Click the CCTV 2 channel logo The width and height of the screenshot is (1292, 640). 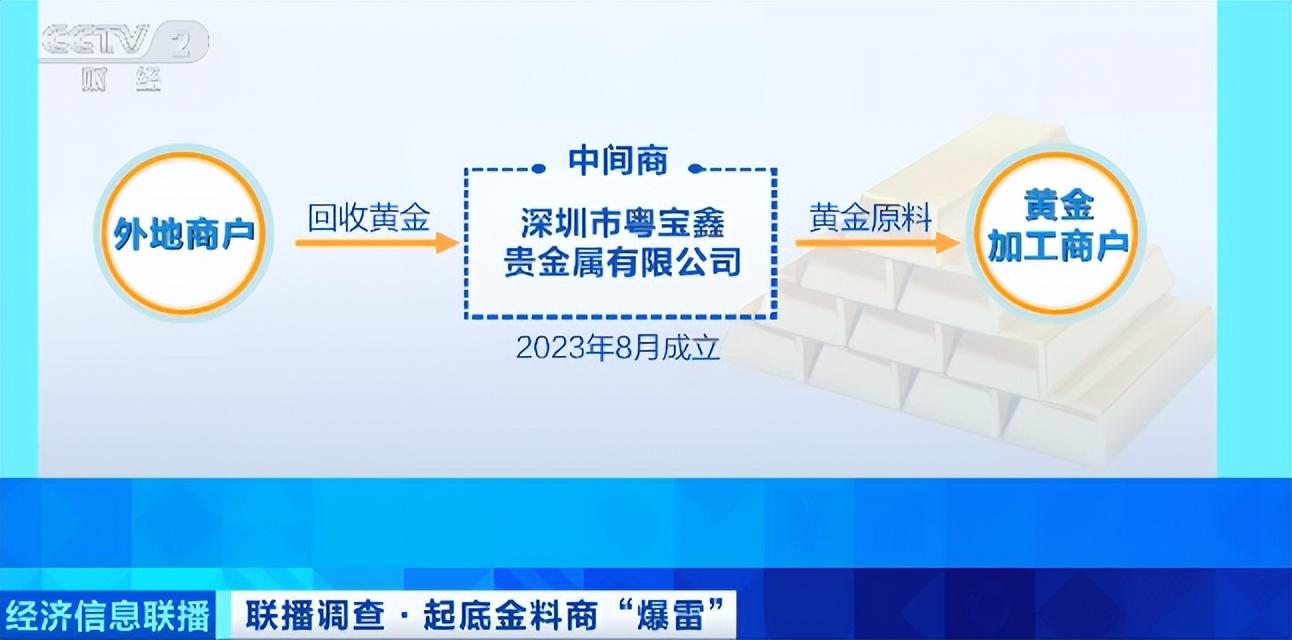pos(123,42)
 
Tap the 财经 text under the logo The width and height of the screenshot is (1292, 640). pos(121,79)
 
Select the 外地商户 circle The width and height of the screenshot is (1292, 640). pos(183,234)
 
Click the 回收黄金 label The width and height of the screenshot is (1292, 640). pos(369,218)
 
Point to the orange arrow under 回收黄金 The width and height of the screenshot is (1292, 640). pos(377,243)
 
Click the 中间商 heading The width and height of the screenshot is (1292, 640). pos(618,160)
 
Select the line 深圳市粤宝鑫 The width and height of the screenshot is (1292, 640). pos(622,223)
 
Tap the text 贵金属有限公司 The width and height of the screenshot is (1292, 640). pos(622,262)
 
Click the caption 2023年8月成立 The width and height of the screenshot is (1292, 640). pos(618,348)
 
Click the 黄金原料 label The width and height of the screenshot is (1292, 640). pos(870,218)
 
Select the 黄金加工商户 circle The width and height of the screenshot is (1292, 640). pos(1057,234)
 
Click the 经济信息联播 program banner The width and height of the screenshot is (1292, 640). pos(108,615)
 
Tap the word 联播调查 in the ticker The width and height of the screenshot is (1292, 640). pos(314,615)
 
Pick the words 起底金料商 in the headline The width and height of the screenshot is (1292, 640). pos(510,615)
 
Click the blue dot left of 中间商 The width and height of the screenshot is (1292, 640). pos(539,169)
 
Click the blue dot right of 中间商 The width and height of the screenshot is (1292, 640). pos(696,169)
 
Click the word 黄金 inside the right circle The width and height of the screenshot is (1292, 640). pos(1059,206)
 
